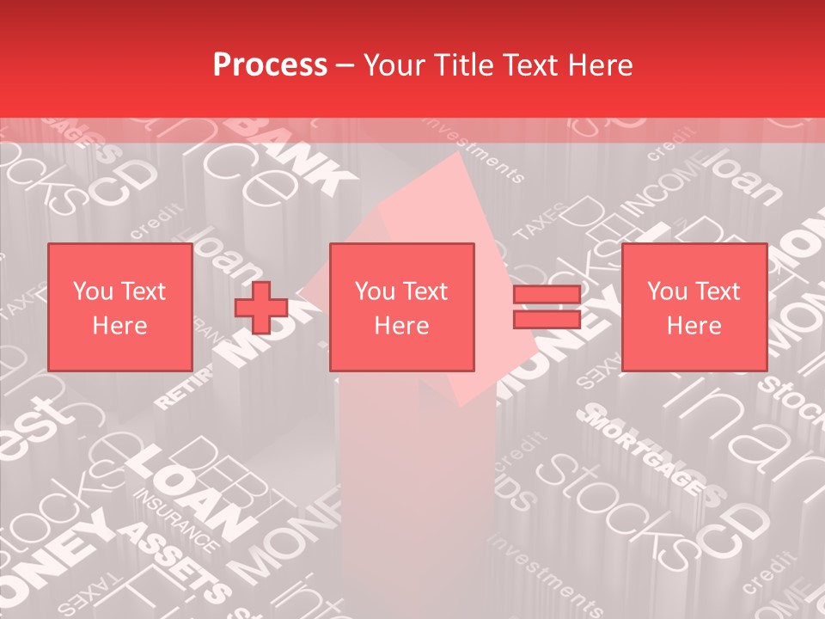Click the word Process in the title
coord(270,65)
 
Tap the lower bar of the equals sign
coord(547,320)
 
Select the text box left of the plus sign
coord(119,308)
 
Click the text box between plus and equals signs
coord(402,308)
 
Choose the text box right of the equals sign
coord(694,308)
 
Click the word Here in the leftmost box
coord(119,326)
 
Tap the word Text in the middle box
coord(427,291)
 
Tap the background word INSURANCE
coord(176,521)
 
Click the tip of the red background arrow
coord(455,159)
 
